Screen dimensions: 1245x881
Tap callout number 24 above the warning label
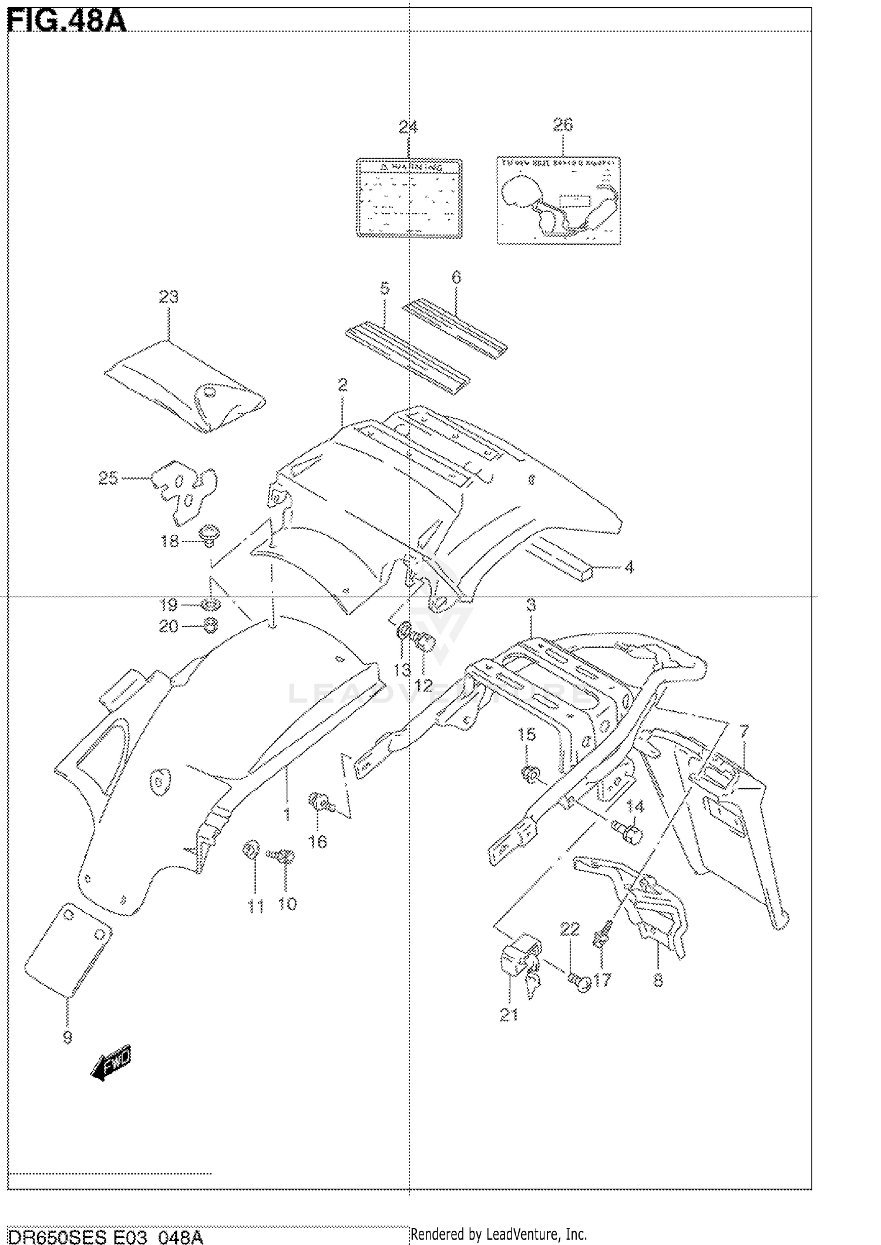(408, 127)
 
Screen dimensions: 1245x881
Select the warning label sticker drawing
(409, 198)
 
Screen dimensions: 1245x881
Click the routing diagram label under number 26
(559, 200)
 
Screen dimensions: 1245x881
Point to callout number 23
(169, 297)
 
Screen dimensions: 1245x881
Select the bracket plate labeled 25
(184, 490)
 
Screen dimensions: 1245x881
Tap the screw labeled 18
(207, 534)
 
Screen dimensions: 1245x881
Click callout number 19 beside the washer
(169, 604)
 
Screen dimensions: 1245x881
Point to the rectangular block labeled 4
(563, 563)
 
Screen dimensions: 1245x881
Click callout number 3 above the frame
(531, 605)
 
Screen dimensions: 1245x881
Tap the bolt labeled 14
(628, 831)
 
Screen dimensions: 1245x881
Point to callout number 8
(658, 980)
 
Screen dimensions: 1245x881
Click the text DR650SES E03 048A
(106, 1233)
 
